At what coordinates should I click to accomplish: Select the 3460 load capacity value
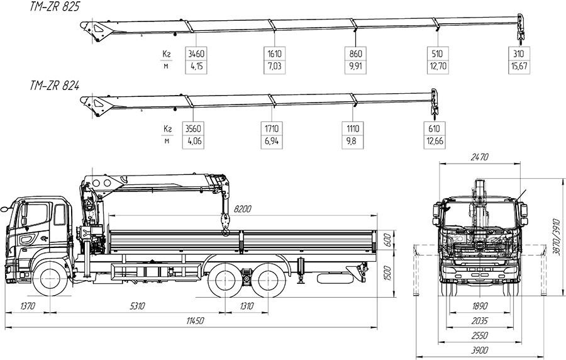197,54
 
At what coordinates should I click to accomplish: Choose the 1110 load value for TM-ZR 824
353,129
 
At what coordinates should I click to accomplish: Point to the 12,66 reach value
434,141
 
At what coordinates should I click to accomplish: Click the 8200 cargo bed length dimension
243,208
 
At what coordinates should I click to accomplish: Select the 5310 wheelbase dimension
137,307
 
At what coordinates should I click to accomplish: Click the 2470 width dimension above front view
480,157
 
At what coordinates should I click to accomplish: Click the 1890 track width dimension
480,307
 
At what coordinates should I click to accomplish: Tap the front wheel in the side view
50,279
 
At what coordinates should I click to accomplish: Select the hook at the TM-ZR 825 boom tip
519,26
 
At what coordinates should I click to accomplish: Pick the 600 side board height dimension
388,240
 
